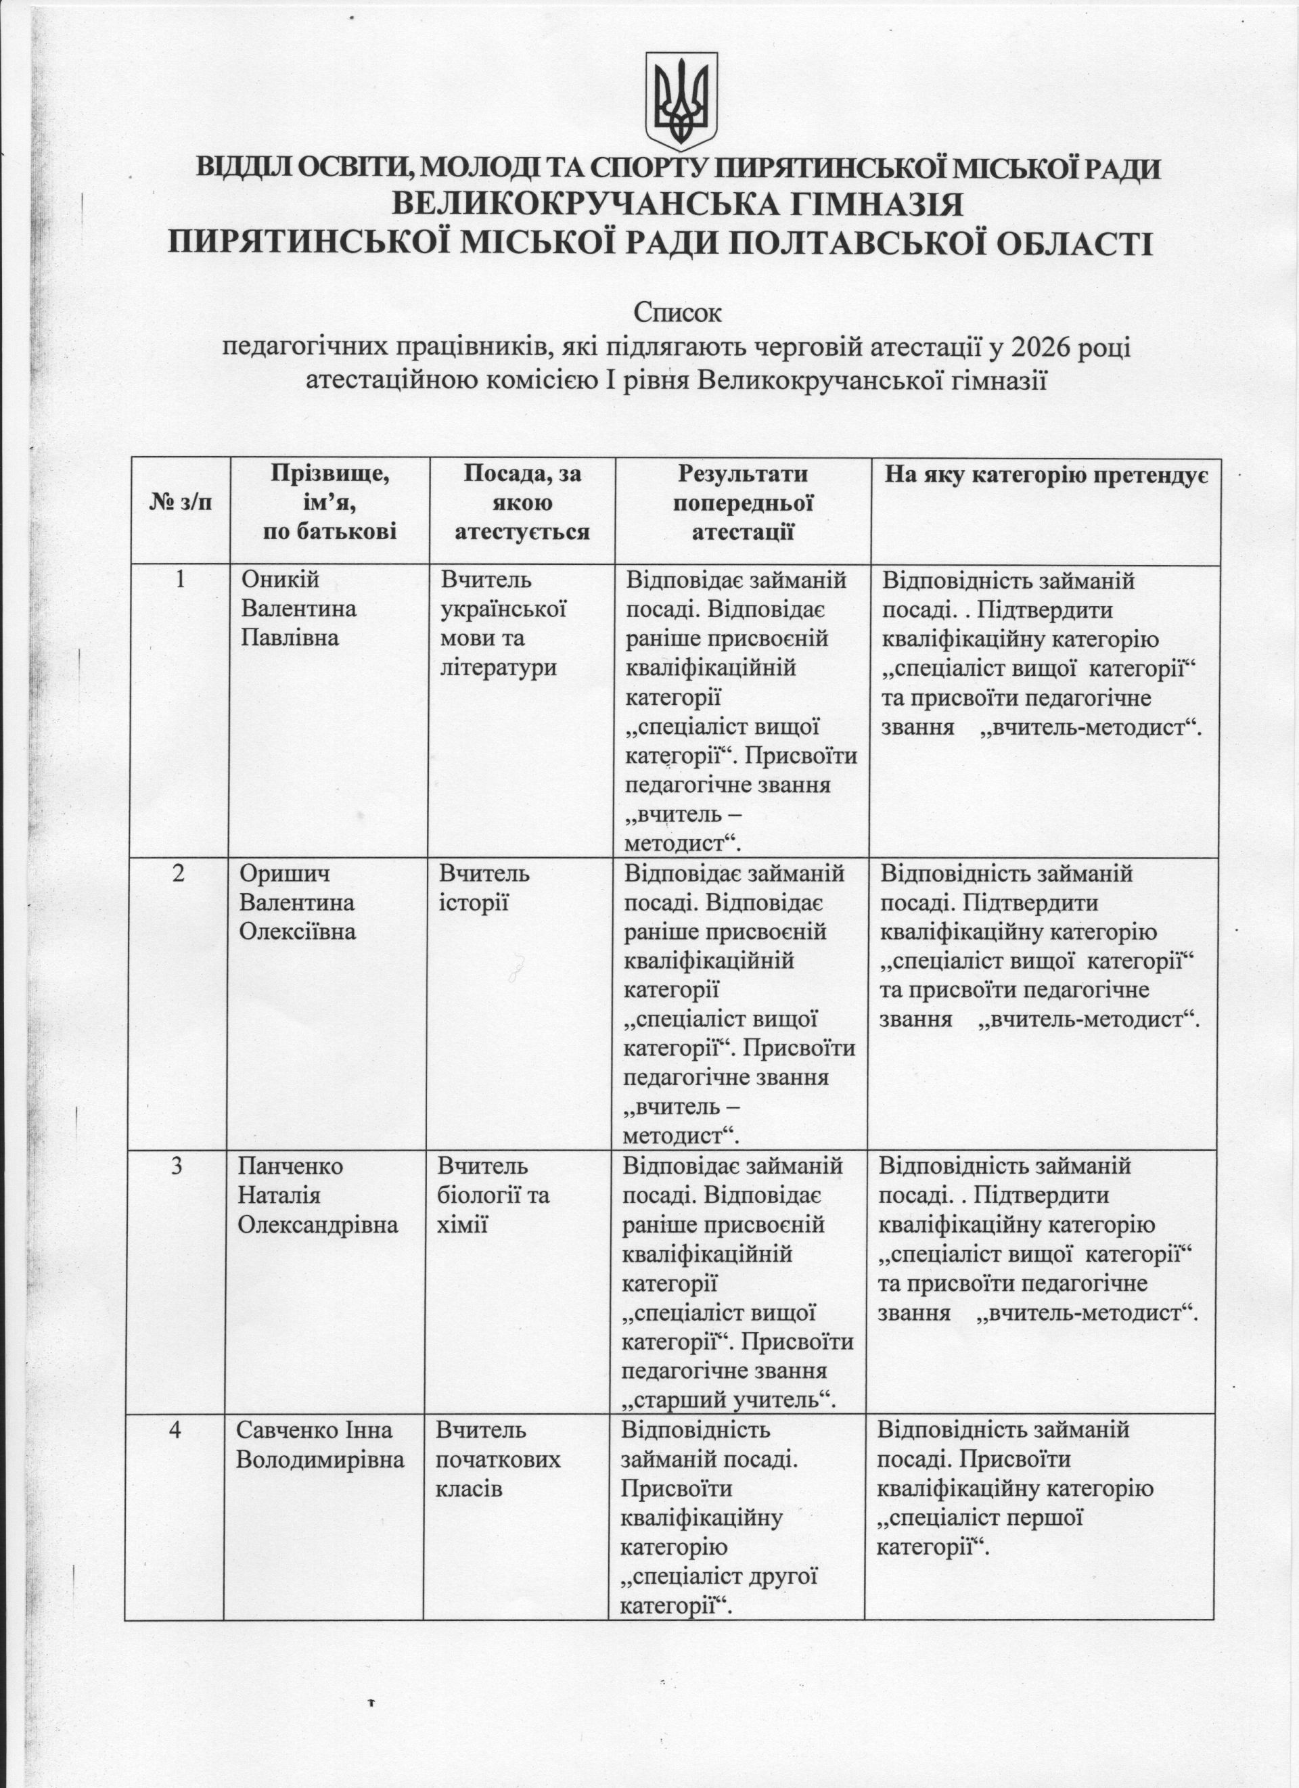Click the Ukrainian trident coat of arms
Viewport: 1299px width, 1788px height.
[682, 101]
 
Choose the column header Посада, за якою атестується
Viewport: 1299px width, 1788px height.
[522, 502]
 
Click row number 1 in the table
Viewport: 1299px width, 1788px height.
[181, 580]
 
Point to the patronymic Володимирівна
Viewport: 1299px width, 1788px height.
[320, 1459]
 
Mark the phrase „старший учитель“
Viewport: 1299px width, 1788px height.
[729, 1400]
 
